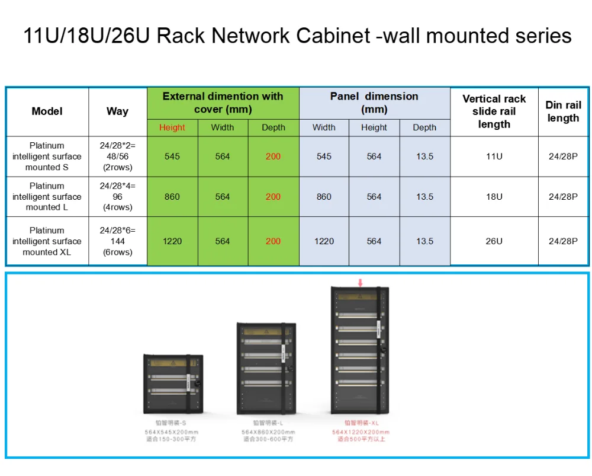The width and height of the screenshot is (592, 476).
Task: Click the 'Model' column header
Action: click(x=47, y=111)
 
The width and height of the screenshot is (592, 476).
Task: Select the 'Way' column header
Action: click(x=117, y=111)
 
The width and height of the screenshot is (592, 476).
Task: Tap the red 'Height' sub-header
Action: click(x=172, y=127)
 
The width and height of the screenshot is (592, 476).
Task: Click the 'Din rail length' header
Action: click(x=563, y=111)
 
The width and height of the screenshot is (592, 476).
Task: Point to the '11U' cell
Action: click(x=494, y=156)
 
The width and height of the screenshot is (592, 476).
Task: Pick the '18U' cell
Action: click(x=494, y=197)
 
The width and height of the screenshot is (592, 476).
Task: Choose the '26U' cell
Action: click(x=494, y=241)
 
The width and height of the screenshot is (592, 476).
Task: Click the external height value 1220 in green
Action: click(x=172, y=241)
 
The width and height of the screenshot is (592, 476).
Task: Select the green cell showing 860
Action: click(x=172, y=197)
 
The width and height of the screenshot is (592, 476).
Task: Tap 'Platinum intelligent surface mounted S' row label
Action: click(x=47, y=156)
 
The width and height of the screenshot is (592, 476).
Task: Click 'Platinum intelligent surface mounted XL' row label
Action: click(x=47, y=241)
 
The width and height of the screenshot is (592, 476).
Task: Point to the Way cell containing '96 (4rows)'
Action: click(x=117, y=197)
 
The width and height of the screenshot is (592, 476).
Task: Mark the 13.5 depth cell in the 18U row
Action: click(x=424, y=197)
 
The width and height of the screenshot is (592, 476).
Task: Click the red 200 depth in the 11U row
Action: click(x=273, y=156)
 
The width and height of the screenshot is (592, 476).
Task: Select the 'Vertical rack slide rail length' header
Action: click(x=494, y=111)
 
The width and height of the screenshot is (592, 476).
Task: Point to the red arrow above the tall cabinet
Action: click(x=359, y=283)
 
